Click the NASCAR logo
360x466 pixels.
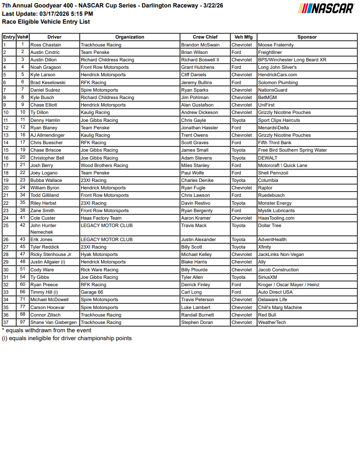pos(326,9)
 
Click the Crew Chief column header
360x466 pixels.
pos(205,37)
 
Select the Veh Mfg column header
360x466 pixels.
pos(244,37)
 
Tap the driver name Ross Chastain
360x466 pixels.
pos(46,45)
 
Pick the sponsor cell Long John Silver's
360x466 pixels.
pos(277,68)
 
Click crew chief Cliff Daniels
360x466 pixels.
pos(194,75)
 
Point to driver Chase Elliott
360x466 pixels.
pos(44,105)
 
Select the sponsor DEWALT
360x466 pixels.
pos(268,158)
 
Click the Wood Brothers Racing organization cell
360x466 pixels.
pos(104,166)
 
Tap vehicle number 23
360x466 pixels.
pos(23,180)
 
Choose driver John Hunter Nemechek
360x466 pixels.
pos(43,229)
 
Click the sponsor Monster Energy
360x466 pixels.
pos(275,203)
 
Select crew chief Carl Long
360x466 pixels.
pos(191,292)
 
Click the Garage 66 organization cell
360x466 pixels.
pos(92,292)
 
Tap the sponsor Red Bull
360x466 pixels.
pos(267,315)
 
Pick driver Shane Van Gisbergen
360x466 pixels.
pos(53,323)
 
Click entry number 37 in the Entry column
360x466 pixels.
pos(6,323)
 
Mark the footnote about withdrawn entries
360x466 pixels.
pos(47,331)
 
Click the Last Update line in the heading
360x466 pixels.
pos(47,14)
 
